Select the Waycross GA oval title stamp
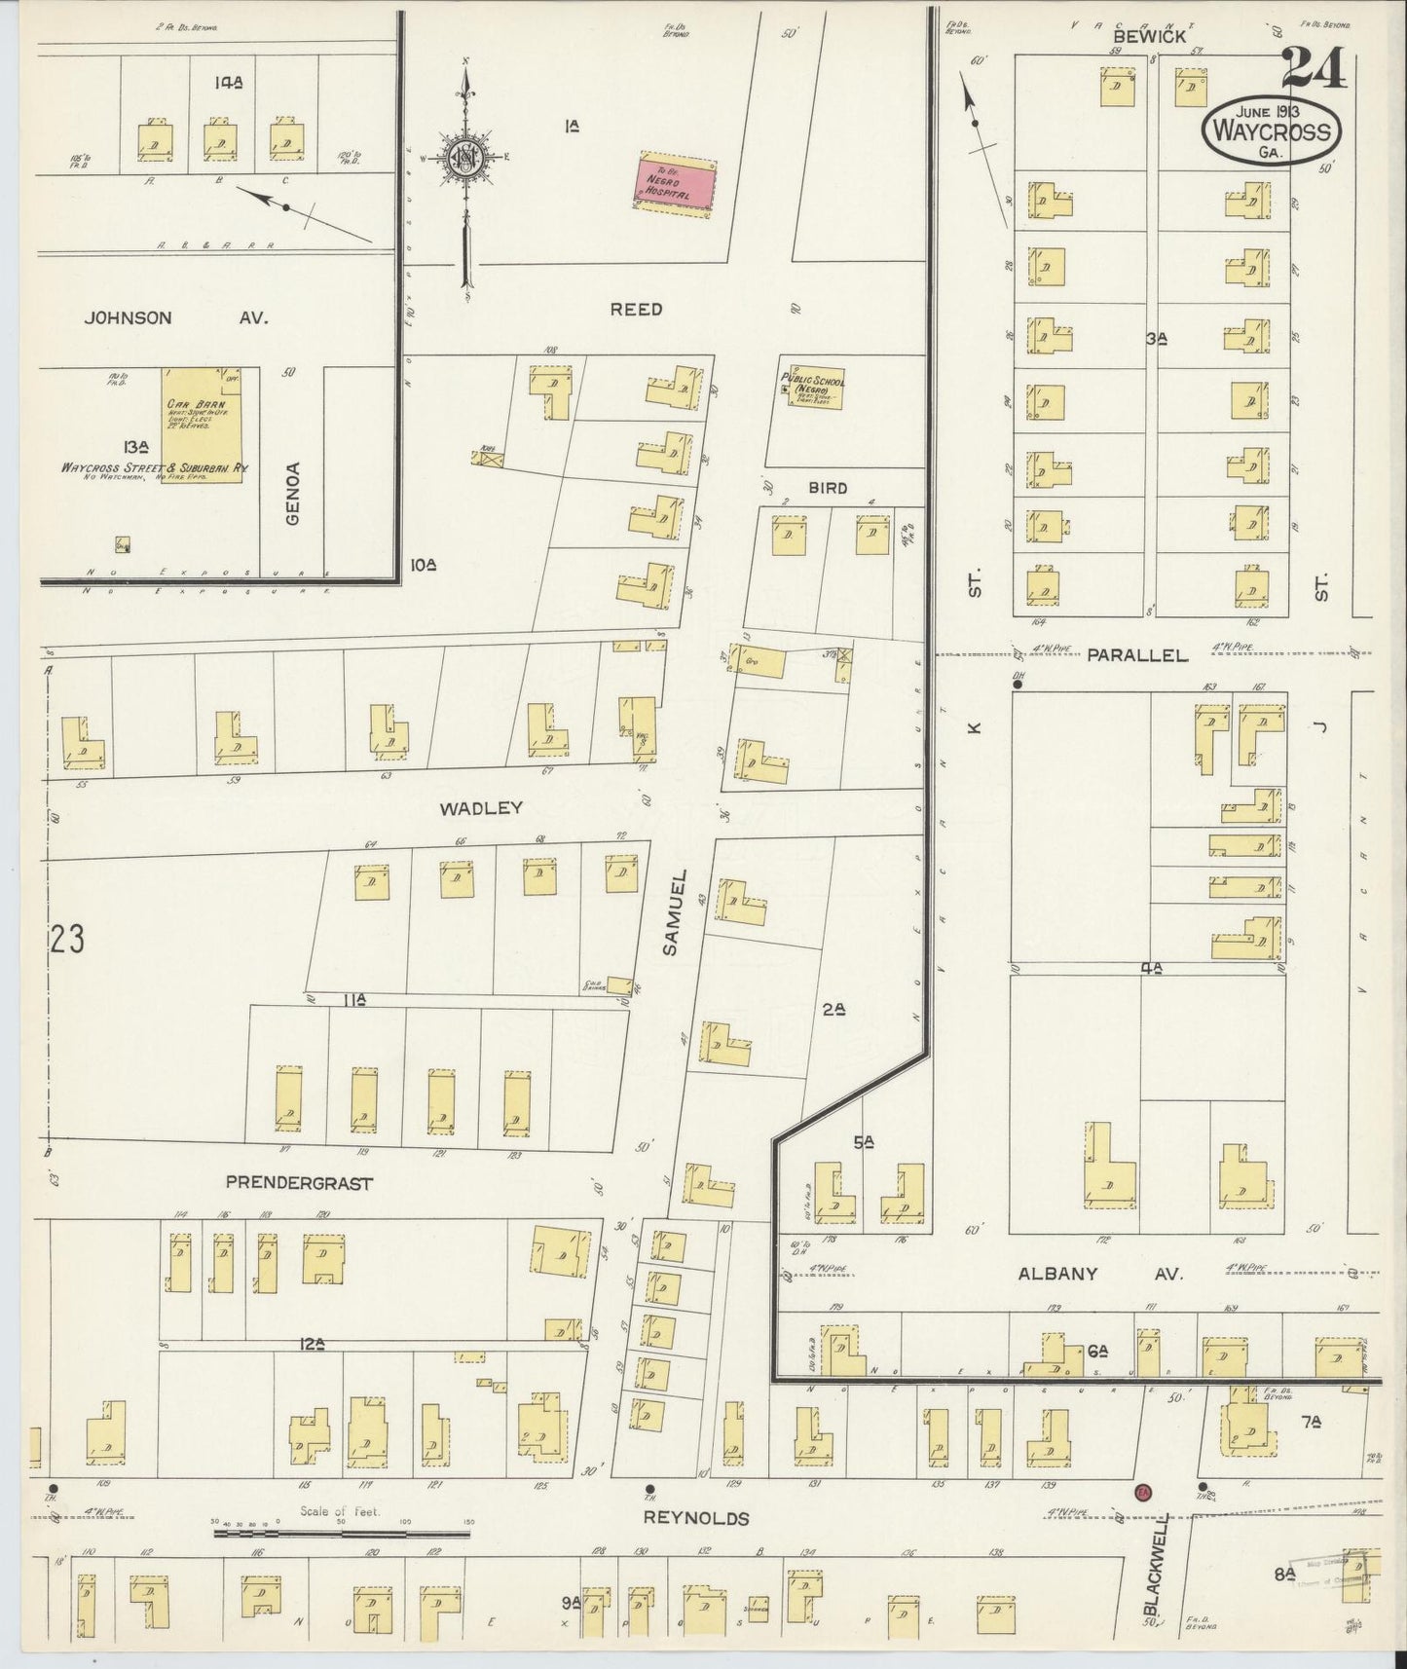[x=1271, y=131]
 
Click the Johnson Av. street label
[x=175, y=317]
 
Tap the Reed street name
[x=636, y=309]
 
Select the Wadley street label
[x=481, y=807]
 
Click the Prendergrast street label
[x=299, y=1182]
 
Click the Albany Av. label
[x=1099, y=1274]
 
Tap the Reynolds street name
[x=696, y=1545]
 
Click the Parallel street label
[x=1137, y=655]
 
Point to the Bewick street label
[x=1149, y=36]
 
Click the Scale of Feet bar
[x=341, y=1561]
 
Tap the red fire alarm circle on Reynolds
[x=1143, y=1519]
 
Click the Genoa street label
[x=294, y=494]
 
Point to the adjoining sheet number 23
[x=67, y=940]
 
